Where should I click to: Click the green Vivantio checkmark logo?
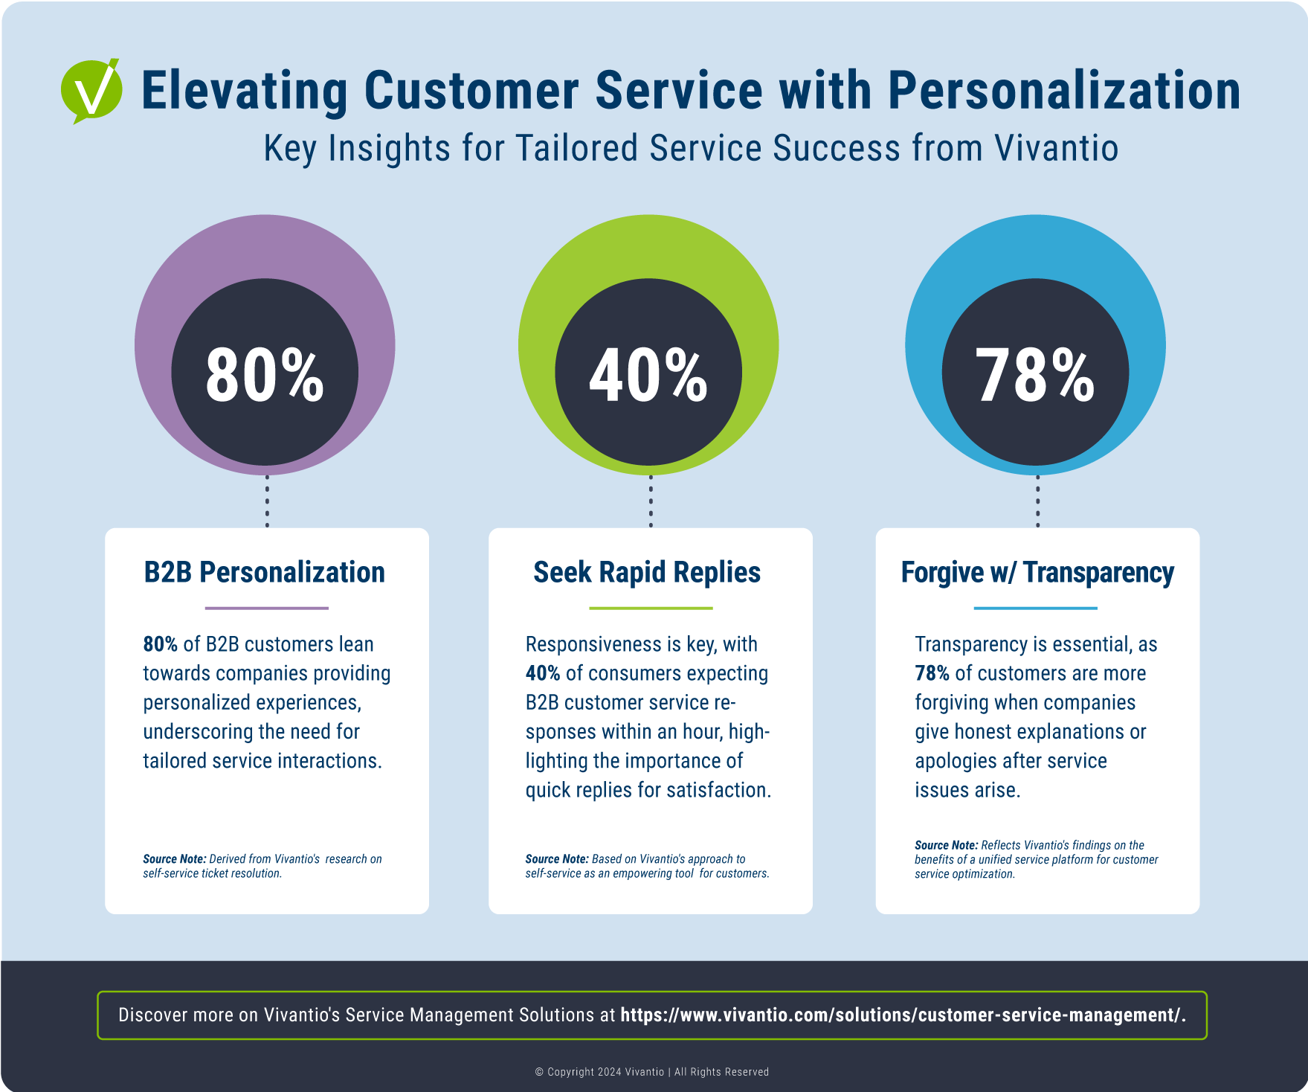(x=91, y=91)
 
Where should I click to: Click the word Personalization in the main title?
(x=1063, y=91)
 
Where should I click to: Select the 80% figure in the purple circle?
(x=265, y=376)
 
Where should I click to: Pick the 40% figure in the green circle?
(x=648, y=376)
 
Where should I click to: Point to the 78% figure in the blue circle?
(x=1035, y=376)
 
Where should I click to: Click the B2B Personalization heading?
(x=265, y=572)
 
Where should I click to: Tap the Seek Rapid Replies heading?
(x=647, y=572)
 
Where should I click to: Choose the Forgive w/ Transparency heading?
(x=1037, y=572)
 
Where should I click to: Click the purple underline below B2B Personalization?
(x=266, y=608)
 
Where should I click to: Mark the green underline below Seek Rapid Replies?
(x=651, y=608)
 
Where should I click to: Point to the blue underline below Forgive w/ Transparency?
(x=1035, y=608)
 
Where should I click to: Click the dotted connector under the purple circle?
(x=267, y=501)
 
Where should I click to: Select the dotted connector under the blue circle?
(x=1038, y=501)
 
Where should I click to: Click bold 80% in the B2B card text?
(x=160, y=644)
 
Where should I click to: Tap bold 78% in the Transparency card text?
(x=932, y=673)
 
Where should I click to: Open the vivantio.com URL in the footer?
(x=903, y=1015)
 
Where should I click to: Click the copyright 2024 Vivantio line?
(x=651, y=1072)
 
